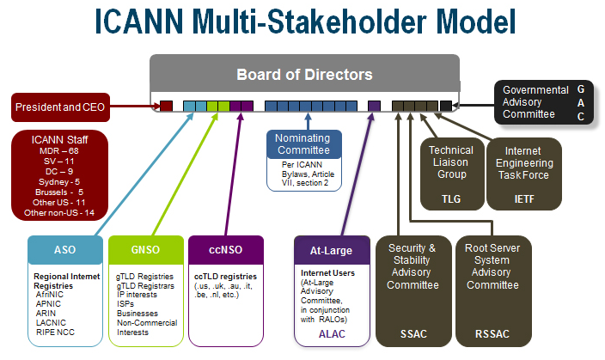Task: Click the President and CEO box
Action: [60, 107]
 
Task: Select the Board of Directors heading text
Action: [304, 75]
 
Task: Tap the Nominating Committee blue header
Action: [304, 144]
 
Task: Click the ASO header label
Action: [65, 250]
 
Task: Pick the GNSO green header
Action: [146, 250]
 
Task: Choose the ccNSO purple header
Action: [226, 250]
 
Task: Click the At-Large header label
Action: [332, 250]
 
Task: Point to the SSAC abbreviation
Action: [413, 333]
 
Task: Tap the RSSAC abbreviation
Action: [492, 333]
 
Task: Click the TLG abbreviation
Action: [451, 199]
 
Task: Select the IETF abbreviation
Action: [524, 199]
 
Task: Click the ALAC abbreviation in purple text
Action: [332, 333]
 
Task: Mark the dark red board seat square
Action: [167, 106]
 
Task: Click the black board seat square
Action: [446, 106]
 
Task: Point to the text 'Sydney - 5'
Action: [59, 182]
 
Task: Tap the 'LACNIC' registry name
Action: [51, 322]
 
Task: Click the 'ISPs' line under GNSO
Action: [125, 304]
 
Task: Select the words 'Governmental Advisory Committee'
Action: [535, 102]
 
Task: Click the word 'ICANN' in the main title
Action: [139, 21]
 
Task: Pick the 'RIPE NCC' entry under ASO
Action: [55, 333]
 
